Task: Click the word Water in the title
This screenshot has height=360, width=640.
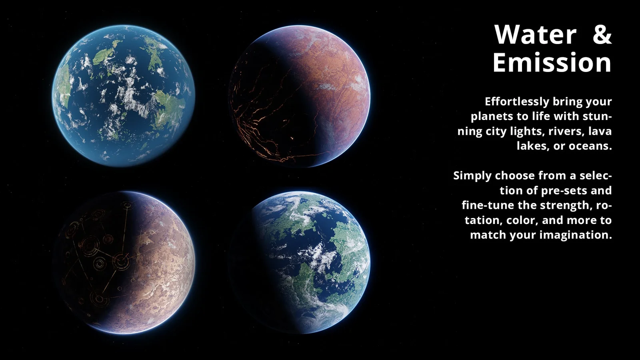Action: pos(535,35)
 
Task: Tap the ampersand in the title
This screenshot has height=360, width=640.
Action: pos(602,35)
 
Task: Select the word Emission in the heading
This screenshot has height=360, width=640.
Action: pos(552,63)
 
